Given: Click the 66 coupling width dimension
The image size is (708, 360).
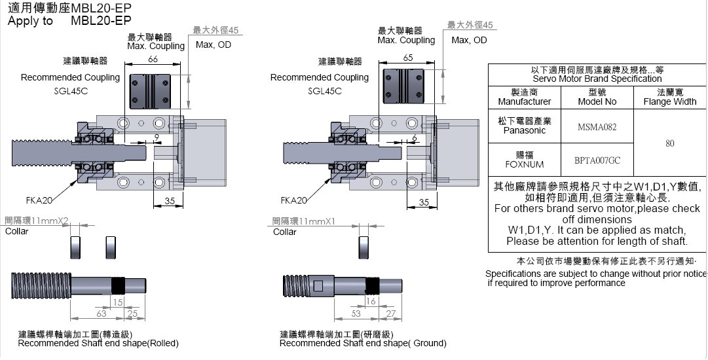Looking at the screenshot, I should (x=153, y=60).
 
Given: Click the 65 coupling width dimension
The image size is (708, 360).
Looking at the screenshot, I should (x=408, y=58).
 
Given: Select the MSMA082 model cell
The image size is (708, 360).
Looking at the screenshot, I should (x=597, y=127).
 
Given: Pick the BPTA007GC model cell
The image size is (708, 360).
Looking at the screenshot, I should (x=597, y=160).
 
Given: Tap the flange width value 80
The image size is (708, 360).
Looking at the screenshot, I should (x=669, y=143).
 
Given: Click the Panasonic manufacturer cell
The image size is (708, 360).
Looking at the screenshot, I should (x=525, y=126).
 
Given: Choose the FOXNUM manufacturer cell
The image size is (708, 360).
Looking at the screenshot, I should (x=525, y=160).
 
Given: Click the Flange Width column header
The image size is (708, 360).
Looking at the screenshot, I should (x=669, y=97).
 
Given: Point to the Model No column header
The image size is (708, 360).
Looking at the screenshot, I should (x=597, y=97).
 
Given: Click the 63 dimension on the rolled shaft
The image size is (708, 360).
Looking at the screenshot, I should (x=102, y=315).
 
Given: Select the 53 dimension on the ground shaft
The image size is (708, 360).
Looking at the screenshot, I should (x=356, y=315).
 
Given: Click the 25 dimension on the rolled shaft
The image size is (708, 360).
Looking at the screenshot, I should (x=132, y=315).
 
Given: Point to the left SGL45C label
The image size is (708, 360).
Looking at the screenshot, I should (x=71, y=91).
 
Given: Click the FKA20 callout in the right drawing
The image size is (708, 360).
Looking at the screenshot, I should (x=293, y=200).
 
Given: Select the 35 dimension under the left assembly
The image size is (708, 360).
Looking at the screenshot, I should (x=170, y=202).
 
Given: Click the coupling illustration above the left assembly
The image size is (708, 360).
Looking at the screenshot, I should (x=153, y=89).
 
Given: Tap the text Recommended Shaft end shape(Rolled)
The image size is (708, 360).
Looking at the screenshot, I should (x=98, y=343).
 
